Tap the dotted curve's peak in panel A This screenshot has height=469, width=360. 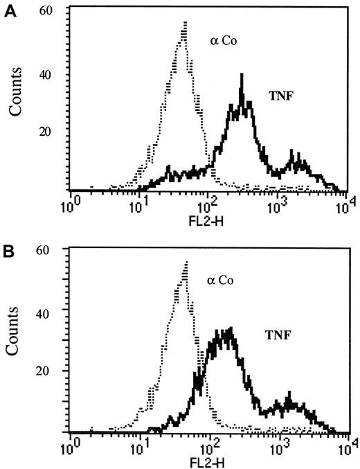coord(186,23)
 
